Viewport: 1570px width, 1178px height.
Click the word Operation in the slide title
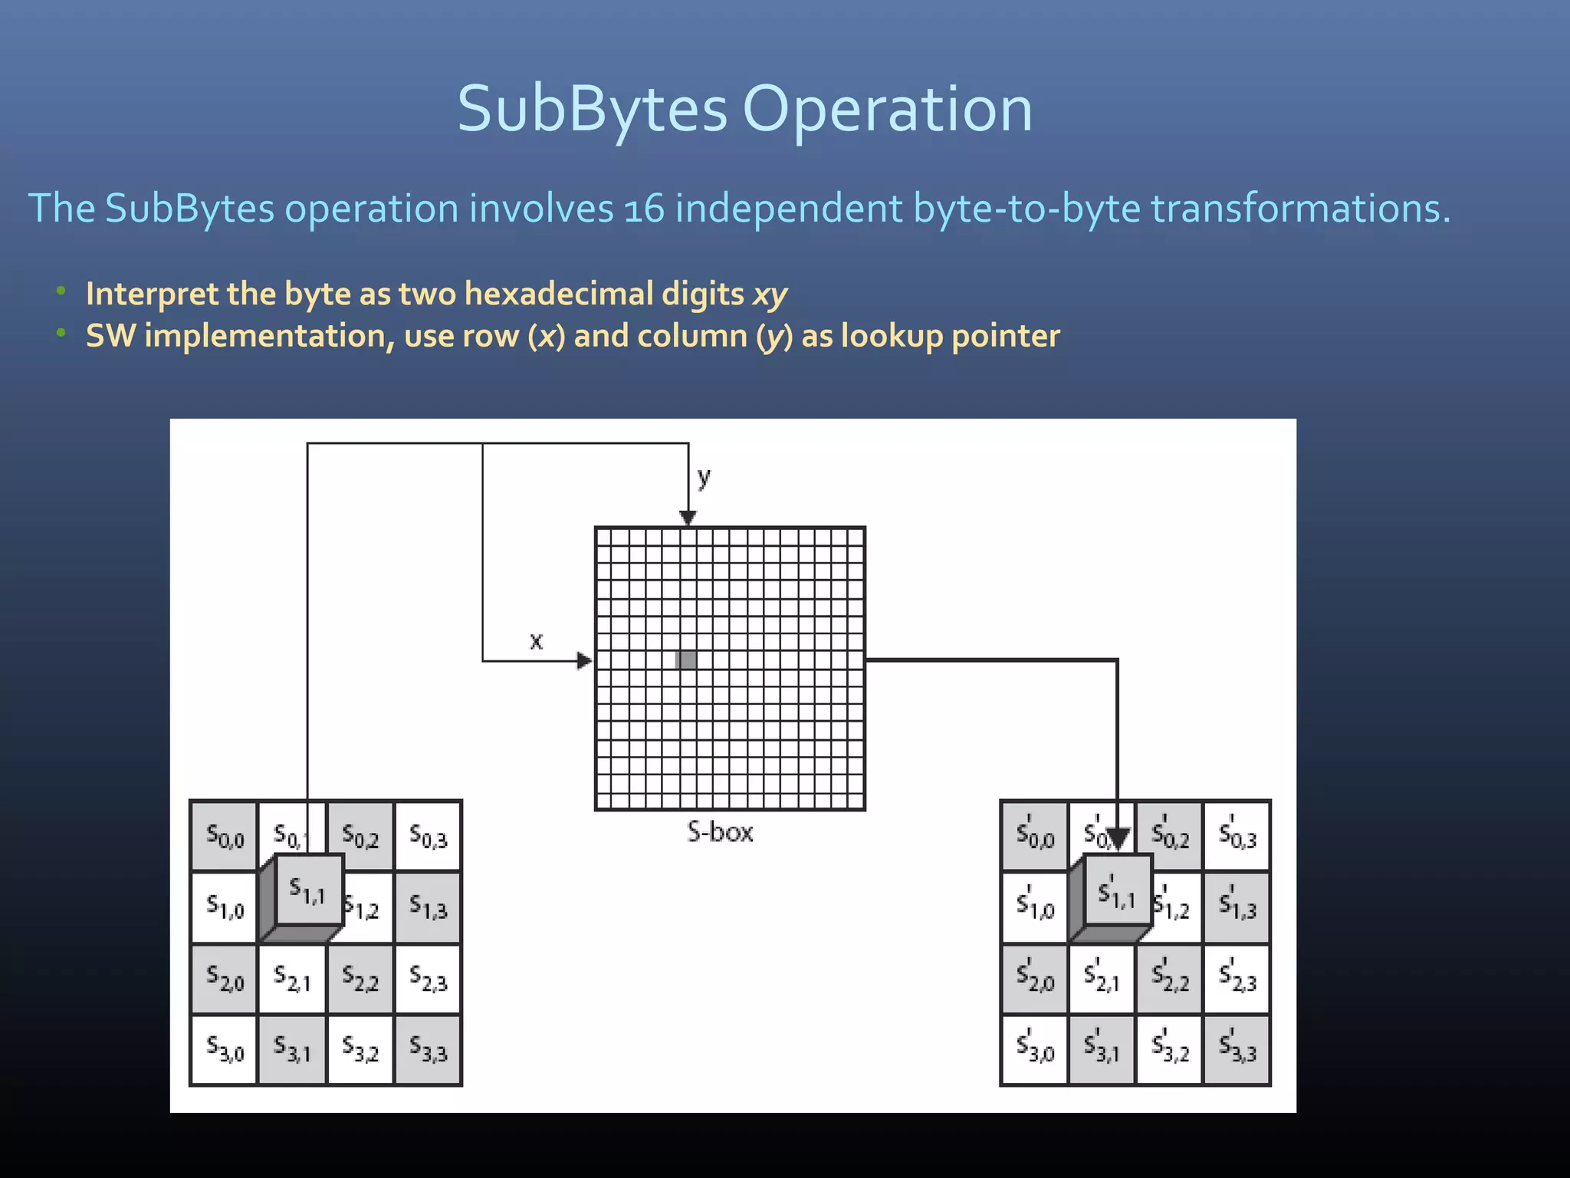tap(888, 109)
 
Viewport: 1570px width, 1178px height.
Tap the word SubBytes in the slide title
tap(592, 109)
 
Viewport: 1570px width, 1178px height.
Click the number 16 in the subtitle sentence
tap(644, 209)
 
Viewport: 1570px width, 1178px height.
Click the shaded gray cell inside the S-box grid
tap(686, 660)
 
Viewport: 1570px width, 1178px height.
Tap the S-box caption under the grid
tap(720, 832)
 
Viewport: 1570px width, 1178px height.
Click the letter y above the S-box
tap(704, 478)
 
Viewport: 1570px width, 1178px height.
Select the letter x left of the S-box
tap(536, 640)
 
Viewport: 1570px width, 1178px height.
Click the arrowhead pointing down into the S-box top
tap(688, 518)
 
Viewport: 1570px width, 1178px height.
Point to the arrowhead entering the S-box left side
tap(585, 660)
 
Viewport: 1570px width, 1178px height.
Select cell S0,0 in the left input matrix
tap(224, 836)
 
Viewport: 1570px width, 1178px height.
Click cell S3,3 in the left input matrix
tap(428, 1050)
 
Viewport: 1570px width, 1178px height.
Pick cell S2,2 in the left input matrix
tap(360, 979)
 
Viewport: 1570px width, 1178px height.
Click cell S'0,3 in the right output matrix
tap(1237, 836)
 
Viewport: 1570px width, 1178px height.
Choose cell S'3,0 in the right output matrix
tap(1035, 1050)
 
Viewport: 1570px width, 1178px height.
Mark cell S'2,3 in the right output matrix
tap(1237, 979)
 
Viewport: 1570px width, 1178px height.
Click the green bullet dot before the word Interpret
tap(61, 291)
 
